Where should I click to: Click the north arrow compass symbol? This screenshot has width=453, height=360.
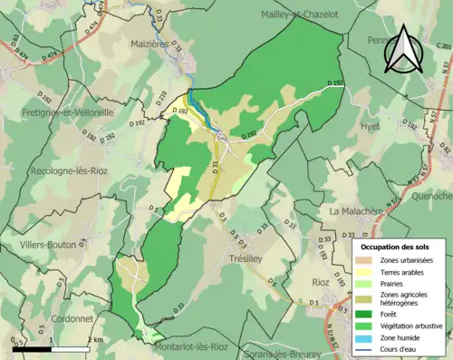click(x=403, y=49)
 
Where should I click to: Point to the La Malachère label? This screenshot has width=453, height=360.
click(x=359, y=211)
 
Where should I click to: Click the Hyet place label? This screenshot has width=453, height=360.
click(x=370, y=127)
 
